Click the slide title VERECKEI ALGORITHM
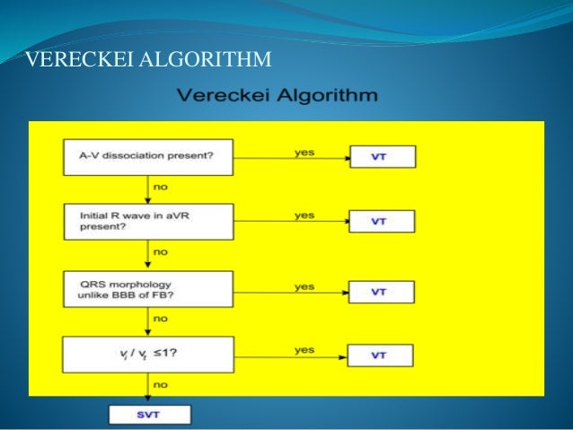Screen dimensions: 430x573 (x=148, y=60)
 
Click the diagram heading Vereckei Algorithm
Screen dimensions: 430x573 (x=277, y=94)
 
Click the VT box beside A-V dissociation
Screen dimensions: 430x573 (x=381, y=157)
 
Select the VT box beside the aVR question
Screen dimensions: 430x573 (x=381, y=221)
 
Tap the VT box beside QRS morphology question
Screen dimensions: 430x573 (x=381, y=292)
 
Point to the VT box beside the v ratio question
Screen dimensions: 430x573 (x=381, y=355)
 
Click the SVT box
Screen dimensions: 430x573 (x=149, y=415)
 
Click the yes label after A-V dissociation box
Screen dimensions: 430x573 (x=304, y=151)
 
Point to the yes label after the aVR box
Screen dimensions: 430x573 (x=304, y=215)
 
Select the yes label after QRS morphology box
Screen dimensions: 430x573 (x=304, y=286)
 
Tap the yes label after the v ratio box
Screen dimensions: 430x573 (x=304, y=349)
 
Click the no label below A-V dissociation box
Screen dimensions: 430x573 (x=161, y=187)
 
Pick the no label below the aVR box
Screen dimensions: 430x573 (x=161, y=252)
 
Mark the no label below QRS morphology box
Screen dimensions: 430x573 (x=161, y=319)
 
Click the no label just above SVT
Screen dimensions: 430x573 (x=161, y=384)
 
